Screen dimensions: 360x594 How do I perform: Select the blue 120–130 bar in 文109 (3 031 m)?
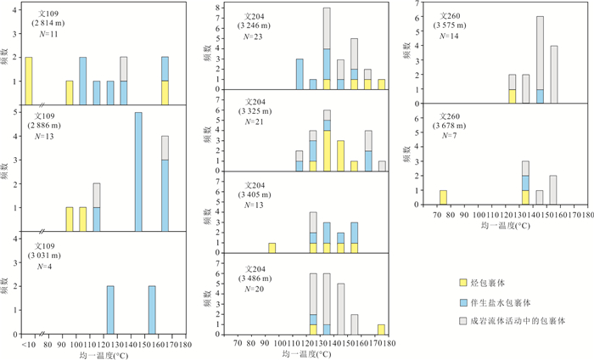click(x=110, y=310)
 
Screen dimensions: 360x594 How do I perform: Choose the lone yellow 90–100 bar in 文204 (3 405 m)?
click(x=272, y=248)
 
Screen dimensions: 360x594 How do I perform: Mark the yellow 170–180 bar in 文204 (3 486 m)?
click(x=382, y=329)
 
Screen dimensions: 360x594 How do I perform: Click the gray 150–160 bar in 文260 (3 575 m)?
click(x=553, y=74)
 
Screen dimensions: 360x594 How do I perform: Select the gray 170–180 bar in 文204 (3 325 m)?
click(x=382, y=166)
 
